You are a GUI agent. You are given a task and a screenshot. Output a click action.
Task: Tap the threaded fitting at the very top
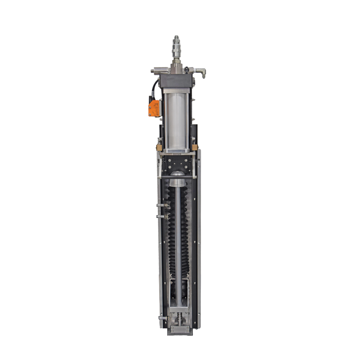pos(175,44)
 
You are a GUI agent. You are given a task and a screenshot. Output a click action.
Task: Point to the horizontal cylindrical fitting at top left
pos(159,70)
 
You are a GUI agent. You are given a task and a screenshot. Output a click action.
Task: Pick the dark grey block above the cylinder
pos(176,81)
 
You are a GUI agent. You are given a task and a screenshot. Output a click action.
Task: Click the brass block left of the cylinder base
pos(158,147)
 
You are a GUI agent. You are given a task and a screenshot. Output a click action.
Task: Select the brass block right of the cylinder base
pos(194,147)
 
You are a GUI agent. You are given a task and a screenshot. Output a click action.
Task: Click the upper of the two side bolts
pos(162,205)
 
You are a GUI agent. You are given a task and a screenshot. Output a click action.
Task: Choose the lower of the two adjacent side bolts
pos(162,216)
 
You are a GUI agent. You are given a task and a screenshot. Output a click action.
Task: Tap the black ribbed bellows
pos(171,234)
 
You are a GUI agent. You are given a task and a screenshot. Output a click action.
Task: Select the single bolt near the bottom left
pos(162,318)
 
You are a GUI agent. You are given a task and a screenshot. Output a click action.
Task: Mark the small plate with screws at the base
pos(179,329)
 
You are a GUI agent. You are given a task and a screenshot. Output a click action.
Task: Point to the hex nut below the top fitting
pos(175,59)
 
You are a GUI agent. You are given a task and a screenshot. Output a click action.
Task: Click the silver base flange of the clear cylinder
pos(176,150)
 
